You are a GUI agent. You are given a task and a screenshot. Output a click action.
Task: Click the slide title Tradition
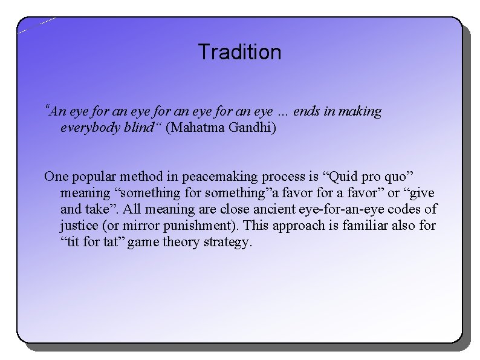click(x=239, y=52)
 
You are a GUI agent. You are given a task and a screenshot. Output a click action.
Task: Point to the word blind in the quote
click(x=136, y=128)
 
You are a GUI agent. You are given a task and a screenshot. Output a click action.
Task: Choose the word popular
click(x=94, y=177)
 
